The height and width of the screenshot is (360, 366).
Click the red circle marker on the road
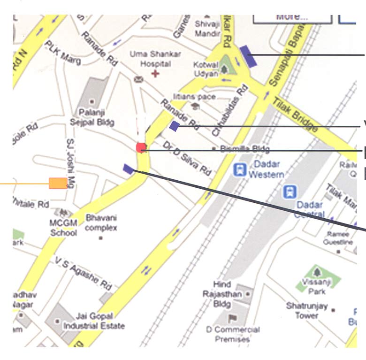pyautogui.click(x=141, y=147)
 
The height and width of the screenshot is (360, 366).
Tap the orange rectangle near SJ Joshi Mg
pyautogui.click(x=58, y=183)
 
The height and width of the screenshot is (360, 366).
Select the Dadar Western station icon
pyautogui.click(x=240, y=169)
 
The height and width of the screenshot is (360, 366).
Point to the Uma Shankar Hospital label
pyautogui.click(x=155, y=59)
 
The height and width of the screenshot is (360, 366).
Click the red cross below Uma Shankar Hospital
pyautogui.click(x=155, y=73)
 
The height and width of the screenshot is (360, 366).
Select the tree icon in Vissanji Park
pyautogui.click(x=318, y=273)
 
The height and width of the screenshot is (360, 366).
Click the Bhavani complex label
pyautogui.click(x=101, y=223)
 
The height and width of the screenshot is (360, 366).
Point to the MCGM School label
pyautogui.click(x=63, y=227)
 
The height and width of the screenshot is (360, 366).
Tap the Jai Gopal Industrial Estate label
pyautogui.click(x=94, y=322)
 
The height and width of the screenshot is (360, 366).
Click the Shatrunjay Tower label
pyautogui.click(x=307, y=311)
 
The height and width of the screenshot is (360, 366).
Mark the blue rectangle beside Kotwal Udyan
pyautogui.click(x=248, y=56)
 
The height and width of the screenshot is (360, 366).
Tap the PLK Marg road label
pyautogui.click(x=62, y=53)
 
